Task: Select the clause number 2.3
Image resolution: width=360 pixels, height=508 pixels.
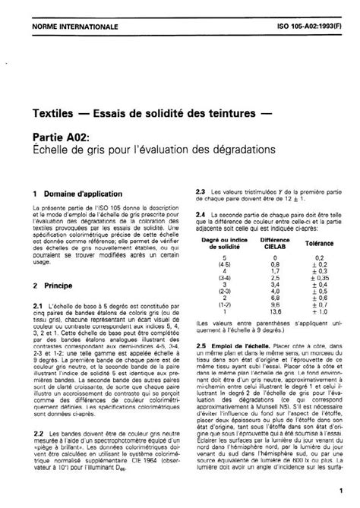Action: point(201,191)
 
